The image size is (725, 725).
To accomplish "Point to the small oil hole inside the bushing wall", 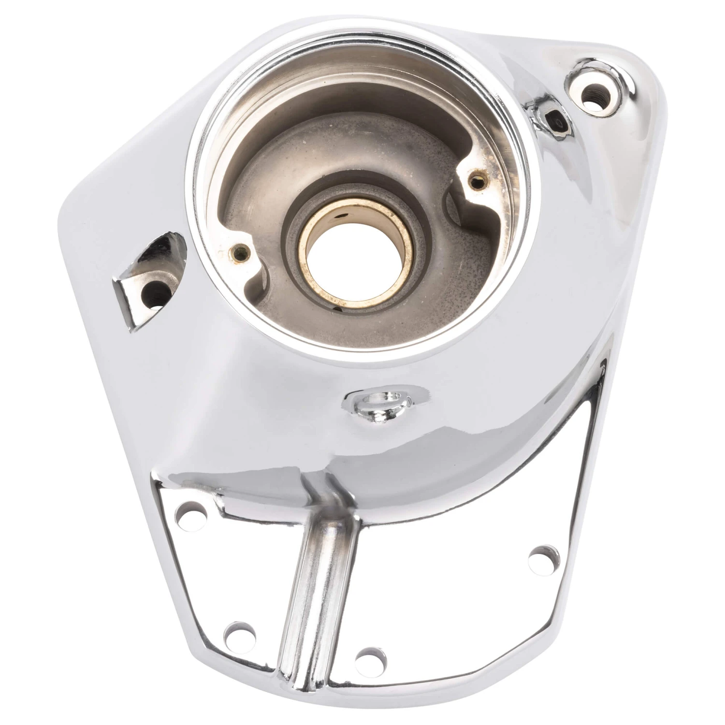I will (x=342, y=217).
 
